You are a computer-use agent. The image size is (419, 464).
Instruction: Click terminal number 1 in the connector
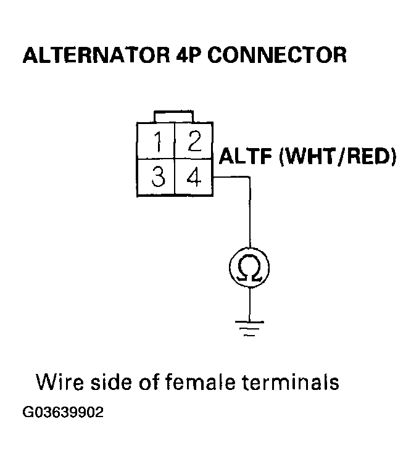[159, 144]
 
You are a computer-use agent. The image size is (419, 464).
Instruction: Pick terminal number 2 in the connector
[194, 143]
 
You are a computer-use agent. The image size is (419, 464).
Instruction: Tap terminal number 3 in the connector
[159, 178]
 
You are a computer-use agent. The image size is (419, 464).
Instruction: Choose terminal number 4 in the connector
[194, 178]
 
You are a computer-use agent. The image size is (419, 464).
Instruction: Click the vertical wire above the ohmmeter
[249, 216]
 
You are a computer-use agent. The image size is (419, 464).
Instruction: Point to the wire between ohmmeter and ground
[249, 302]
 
